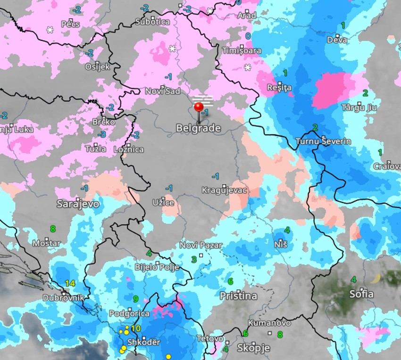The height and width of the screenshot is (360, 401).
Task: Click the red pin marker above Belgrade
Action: pyautogui.click(x=199, y=106)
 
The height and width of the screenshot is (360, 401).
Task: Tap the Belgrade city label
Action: pyautogui.click(x=198, y=128)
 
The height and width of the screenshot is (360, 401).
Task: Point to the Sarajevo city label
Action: pyautogui.click(x=78, y=204)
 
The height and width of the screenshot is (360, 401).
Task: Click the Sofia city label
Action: pyautogui.click(x=361, y=295)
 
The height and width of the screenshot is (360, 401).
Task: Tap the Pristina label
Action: pyautogui.click(x=238, y=296)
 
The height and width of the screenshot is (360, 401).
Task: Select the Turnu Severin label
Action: pyautogui.click(x=323, y=141)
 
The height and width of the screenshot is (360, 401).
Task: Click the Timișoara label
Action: pyautogui.click(x=241, y=50)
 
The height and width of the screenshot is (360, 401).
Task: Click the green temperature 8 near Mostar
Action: pyautogui.click(x=53, y=229)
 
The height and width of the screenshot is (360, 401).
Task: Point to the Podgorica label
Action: pyautogui.click(x=129, y=313)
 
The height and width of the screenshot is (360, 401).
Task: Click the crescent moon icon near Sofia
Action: pyautogui.click(x=376, y=279)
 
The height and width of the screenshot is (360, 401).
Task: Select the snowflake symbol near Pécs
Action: pyautogui.click(x=50, y=30)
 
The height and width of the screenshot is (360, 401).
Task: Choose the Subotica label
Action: pyautogui.click(x=152, y=22)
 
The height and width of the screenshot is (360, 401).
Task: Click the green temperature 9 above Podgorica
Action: pyautogui.click(x=135, y=299)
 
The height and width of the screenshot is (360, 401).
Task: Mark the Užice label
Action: pyautogui.click(x=163, y=203)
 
